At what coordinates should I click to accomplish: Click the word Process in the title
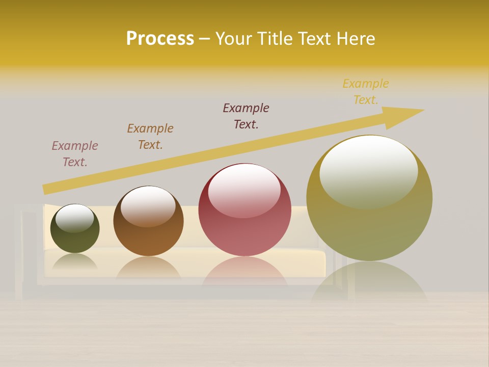(x=160, y=39)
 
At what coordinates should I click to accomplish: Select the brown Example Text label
(x=150, y=137)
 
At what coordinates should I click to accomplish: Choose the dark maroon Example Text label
(x=246, y=116)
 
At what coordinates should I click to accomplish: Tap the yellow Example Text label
(x=366, y=92)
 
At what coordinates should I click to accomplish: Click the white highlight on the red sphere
(x=244, y=190)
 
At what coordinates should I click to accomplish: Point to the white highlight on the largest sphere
(x=368, y=171)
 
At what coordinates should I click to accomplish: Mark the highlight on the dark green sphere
(x=75, y=218)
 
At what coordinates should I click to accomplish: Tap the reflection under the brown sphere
(x=148, y=268)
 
